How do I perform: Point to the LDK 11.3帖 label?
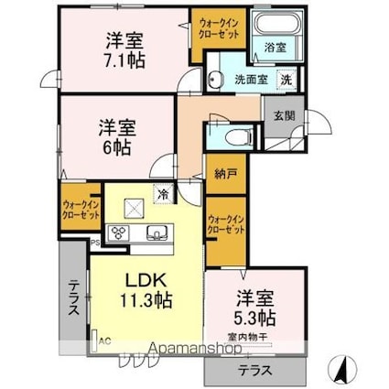(143, 287)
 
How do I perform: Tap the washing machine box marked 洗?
(286, 80)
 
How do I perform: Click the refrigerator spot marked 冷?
(161, 194)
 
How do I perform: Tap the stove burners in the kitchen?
(120, 232)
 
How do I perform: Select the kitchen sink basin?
(155, 232)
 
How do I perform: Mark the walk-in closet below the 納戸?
(225, 225)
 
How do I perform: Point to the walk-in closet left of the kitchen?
(80, 210)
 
